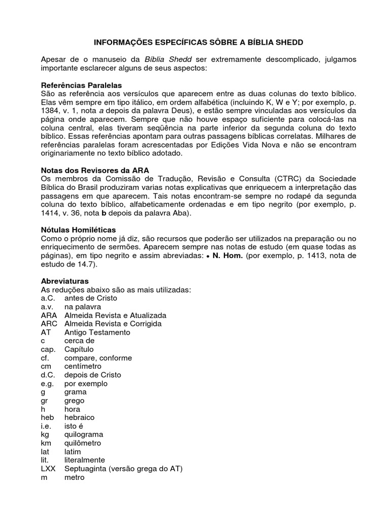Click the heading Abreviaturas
tap(64, 281)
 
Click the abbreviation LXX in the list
tap(48, 468)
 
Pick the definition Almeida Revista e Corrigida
tap(113, 323)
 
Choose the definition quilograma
tap(84, 434)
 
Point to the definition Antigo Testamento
tap(97, 332)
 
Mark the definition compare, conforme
tap(98, 357)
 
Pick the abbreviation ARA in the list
tap(49, 315)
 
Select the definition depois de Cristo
tap(92, 375)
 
